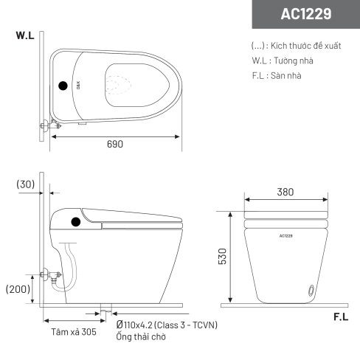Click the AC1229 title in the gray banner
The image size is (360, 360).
(306, 14)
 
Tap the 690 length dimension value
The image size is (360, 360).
(115, 144)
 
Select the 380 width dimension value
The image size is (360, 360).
(285, 192)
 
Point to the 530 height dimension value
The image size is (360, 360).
(222, 257)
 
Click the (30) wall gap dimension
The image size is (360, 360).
(26, 184)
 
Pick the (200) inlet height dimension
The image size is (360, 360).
(18, 289)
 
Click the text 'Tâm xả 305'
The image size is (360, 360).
(74, 332)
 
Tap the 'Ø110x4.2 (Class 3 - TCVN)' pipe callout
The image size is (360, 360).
(167, 325)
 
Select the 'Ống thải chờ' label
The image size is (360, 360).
(141, 336)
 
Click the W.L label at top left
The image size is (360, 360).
(25, 35)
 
